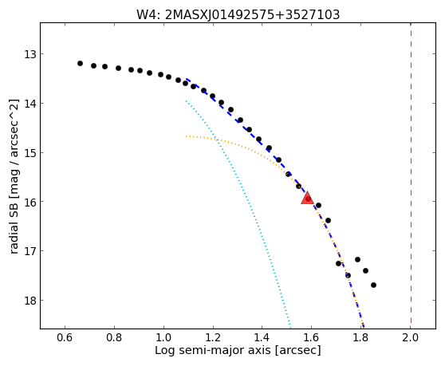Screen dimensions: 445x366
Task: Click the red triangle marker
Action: tap(307, 198)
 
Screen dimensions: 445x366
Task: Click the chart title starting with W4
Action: tap(238, 15)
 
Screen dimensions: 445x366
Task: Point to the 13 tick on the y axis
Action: tap(30, 54)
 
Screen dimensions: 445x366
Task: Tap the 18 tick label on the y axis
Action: tap(30, 300)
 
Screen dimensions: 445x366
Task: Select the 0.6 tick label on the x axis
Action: tap(65, 337)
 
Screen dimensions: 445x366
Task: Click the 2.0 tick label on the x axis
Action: tap(411, 337)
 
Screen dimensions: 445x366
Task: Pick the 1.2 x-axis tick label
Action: tap(213, 337)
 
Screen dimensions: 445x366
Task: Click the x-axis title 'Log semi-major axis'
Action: tap(213, 351)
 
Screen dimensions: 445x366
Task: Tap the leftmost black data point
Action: tap(80, 63)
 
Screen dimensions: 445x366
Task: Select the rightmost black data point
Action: tap(373, 285)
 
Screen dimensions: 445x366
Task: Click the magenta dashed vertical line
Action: tap(411, 176)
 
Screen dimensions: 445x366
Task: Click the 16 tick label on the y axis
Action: tap(30, 202)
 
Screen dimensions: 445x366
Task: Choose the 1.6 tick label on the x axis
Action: tap(311, 337)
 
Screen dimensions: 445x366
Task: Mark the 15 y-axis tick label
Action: tap(30, 152)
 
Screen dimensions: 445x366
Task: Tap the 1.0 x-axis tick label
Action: tap(163, 337)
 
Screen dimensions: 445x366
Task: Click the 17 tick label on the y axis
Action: tap(30, 251)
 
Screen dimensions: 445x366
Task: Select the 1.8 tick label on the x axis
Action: tap(360, 337)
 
